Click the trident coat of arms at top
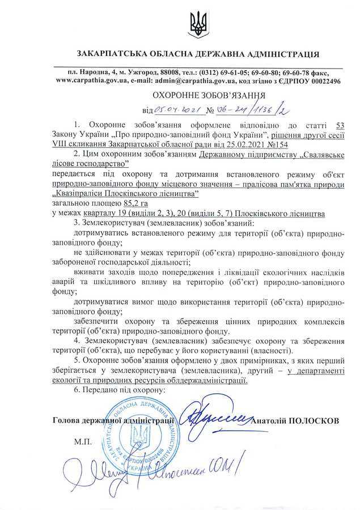[x=198, y=25]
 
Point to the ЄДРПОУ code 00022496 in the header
[x=319, y=81]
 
